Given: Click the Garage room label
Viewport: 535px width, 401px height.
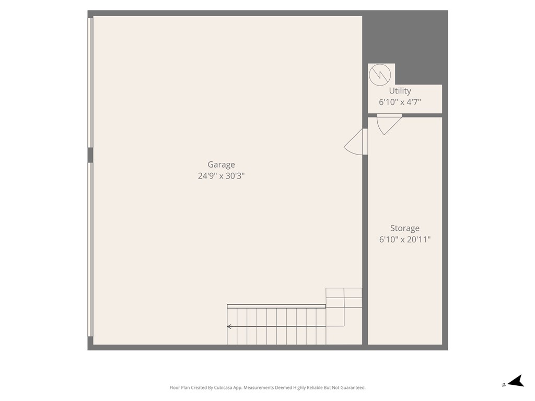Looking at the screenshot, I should [221, 164].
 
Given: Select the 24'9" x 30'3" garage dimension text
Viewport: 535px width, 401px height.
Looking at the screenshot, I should [221, 176].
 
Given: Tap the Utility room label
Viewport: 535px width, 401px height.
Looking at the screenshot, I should [400, 91].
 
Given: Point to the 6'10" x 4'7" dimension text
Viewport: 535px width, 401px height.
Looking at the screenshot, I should [400, 102].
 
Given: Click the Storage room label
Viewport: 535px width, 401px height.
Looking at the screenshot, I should [405, 228].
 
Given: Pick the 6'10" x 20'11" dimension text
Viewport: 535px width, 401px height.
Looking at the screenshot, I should [405, 240].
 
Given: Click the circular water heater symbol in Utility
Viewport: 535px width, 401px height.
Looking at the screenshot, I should [380, 75].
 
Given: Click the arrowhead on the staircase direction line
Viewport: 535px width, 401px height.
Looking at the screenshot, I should [229, 327].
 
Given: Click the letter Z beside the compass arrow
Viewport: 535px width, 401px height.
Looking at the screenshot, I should [504, 385].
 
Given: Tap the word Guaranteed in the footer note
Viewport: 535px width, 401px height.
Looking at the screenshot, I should [353, 388].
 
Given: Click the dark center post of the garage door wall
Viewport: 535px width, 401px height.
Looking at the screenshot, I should [90, 155].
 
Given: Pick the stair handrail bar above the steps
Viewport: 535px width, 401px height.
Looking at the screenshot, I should [276, 306].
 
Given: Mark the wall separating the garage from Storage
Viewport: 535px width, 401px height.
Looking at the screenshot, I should [365, 235].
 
